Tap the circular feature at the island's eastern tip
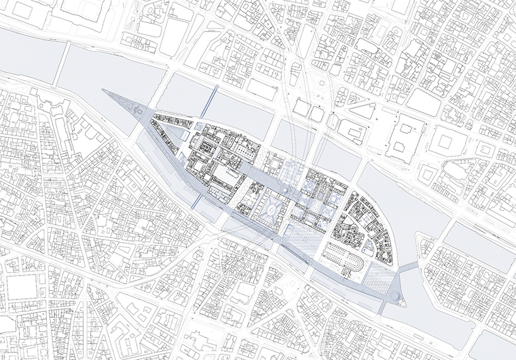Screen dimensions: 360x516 coord(396,296)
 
